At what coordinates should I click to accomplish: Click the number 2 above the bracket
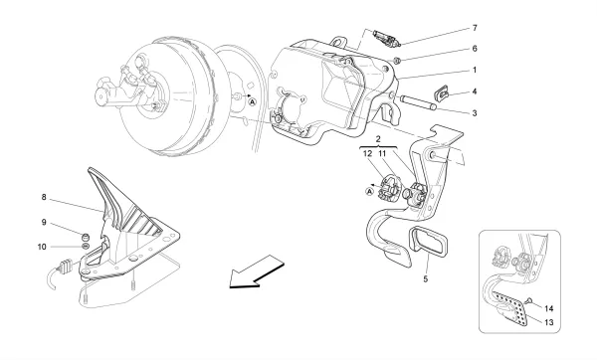tap(379, 143)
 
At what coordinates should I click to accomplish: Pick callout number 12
tap(367, 155)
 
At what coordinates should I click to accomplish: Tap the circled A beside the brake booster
tap(253, 101)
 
